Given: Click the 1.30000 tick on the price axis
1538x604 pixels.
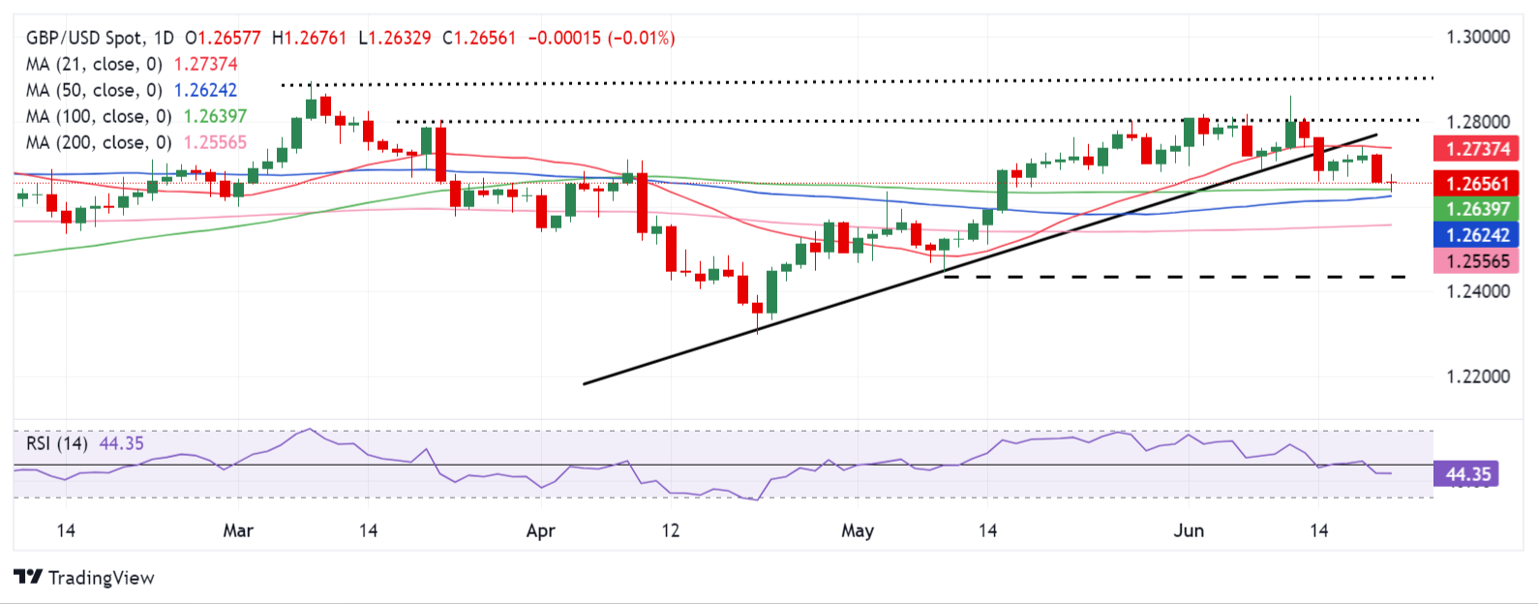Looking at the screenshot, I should click(1477, 38).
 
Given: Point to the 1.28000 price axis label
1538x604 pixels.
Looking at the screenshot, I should click(1477, 122).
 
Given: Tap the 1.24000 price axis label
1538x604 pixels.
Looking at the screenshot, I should click(1477, 291).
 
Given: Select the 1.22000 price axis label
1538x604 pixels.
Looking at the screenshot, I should click(1477, 377).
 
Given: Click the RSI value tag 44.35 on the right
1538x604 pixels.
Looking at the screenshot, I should click(1467, 474).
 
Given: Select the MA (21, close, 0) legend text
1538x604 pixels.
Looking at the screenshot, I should click(94, 65).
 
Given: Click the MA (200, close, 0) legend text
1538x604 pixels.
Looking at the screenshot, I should click(99, 143).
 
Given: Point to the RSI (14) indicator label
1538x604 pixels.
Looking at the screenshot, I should click(57, 444).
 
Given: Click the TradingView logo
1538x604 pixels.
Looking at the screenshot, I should click(84, 578).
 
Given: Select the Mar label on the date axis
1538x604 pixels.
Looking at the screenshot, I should click(238, 530).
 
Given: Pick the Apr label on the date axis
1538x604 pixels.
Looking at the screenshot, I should click(540, 530).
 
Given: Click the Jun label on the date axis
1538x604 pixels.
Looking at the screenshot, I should click(1188, 530).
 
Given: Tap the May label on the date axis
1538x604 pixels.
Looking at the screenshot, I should click(858, 530).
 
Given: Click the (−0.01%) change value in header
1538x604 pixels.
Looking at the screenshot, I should click(642, 39).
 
